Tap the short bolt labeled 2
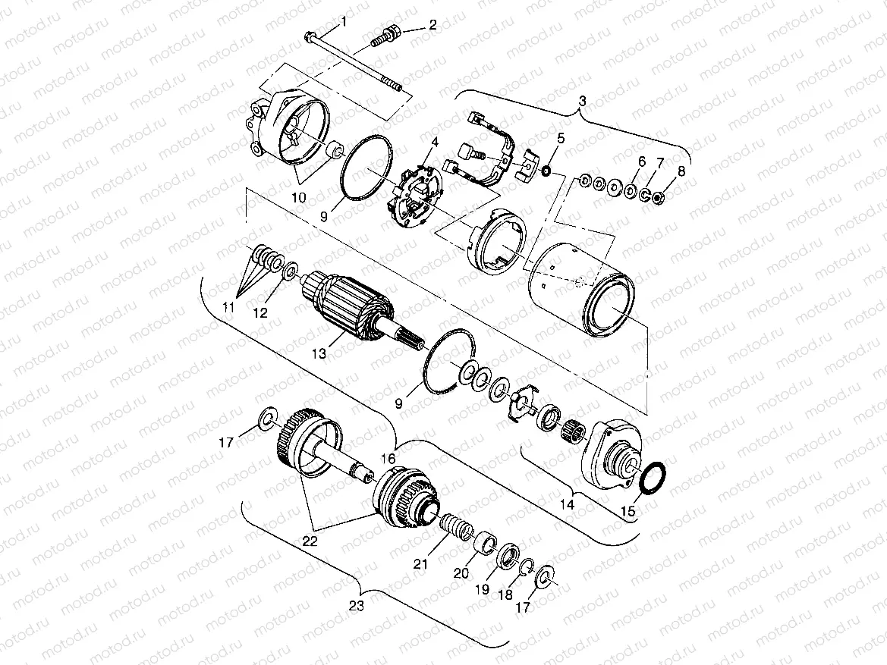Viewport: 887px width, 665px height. pyautogui.click(x=386, y=34)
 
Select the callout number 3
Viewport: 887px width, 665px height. pyautogui.click(x=582, y=101)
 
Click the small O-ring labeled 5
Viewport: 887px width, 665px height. pyautogui.click(x=546, y=171)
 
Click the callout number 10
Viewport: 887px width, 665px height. pyautogui.click(x=300, y=197)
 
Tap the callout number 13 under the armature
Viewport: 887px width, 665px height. pyautogui.click(x=321, y=353)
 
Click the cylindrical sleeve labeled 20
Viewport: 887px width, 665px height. pyautogui.click(x=483, y=544)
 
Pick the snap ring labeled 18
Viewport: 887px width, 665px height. pyautogui.click(x=527, y=566)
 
